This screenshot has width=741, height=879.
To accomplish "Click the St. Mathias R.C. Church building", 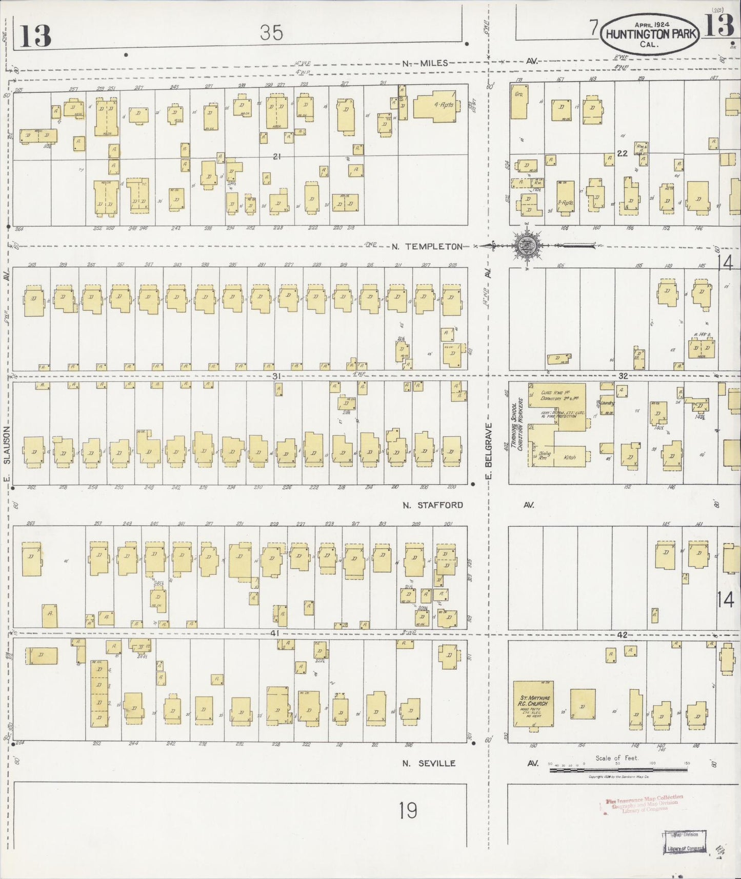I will point(533,703).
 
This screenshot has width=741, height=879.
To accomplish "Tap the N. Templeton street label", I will point(427,247).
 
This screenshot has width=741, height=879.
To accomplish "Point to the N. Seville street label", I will point(429,763).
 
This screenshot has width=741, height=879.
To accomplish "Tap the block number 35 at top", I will point(271,33).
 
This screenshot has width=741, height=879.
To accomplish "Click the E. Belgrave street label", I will point(488,451).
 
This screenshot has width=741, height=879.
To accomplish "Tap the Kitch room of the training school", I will point(569,456).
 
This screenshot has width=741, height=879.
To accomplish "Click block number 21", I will point(277,156).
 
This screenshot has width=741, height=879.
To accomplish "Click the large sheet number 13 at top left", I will point(36,36).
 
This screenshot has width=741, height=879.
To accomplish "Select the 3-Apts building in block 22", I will point(566,196).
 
